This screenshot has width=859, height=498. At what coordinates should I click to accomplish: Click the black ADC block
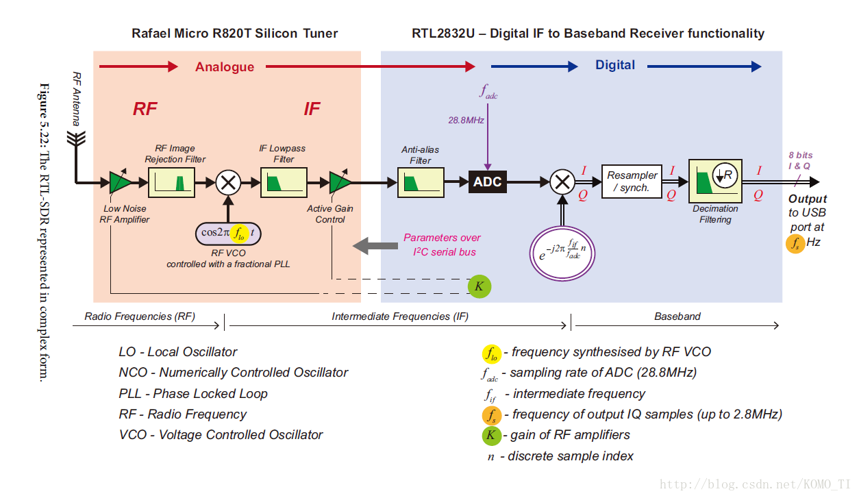(x=488, y=182)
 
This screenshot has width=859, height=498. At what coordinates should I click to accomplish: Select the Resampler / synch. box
(x=632, y=182)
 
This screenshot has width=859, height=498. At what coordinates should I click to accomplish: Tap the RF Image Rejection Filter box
(x=172, y=182)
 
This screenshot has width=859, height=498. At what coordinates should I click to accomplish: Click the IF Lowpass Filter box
(x=284, y=182)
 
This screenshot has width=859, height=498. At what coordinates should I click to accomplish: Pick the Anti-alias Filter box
(x=421, y=182)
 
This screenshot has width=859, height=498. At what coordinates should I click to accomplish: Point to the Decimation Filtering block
(x=715, y=181)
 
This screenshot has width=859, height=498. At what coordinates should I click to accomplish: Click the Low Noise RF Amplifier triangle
(x=120, y=182)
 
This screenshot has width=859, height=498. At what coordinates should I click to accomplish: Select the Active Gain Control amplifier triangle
(x=339, y=182)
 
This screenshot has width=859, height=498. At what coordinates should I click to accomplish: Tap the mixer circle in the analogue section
(x=228, y=182)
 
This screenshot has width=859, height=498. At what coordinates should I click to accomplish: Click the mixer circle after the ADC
(x=562, y=182)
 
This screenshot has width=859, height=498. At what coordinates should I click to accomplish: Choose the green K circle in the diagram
(x=480, y=286)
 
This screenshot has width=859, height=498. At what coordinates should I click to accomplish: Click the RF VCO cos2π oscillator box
(x=229, y=233)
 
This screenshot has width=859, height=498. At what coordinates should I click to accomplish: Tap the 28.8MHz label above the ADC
(x=466, y=120)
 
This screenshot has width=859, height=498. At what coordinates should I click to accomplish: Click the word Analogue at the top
(x=225, y=66)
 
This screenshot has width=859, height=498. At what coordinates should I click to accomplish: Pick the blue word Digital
(x=614, y=65)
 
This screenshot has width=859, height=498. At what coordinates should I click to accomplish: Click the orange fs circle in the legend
(x=491, y=415)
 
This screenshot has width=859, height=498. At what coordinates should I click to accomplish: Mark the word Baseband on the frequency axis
(x=677, y=316)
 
